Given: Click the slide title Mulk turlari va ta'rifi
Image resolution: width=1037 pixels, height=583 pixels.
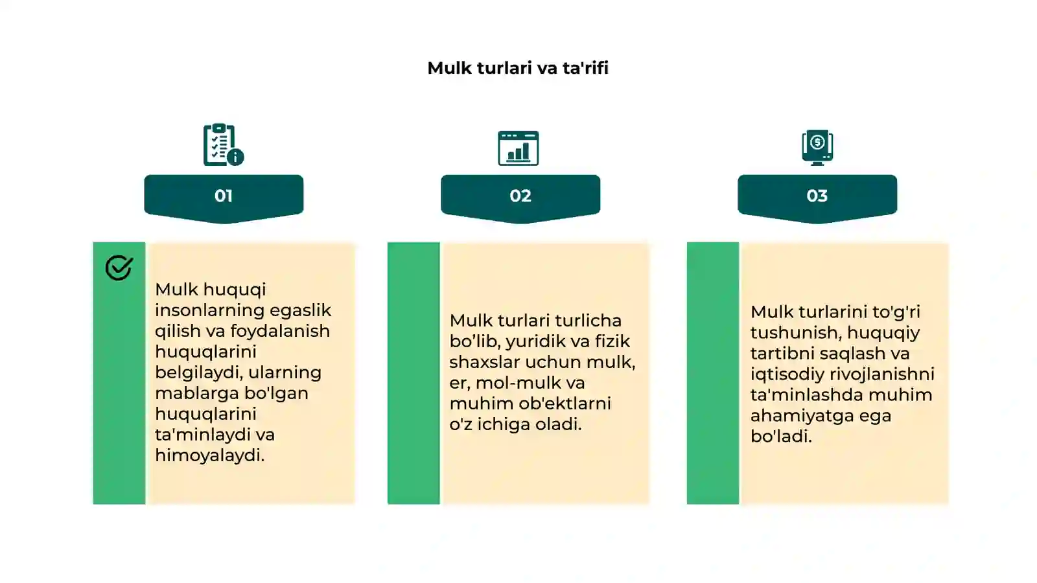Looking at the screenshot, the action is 518,68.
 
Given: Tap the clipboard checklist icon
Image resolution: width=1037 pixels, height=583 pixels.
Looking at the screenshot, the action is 223,144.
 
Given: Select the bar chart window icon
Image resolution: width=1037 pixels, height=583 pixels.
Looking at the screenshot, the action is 518,148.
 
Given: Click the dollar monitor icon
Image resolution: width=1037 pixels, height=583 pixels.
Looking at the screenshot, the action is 817,148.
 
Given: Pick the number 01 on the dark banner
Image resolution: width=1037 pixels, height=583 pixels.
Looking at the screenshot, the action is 224,196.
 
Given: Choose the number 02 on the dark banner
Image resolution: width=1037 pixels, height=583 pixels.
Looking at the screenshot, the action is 520,196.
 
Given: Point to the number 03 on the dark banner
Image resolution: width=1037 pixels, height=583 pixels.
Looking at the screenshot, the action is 817,196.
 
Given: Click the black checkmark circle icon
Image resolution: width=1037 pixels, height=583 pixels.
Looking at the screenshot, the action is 119,268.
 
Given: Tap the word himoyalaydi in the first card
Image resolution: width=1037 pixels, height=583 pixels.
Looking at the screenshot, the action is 210,455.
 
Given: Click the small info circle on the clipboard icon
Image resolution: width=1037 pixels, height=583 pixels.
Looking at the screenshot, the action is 236,157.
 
